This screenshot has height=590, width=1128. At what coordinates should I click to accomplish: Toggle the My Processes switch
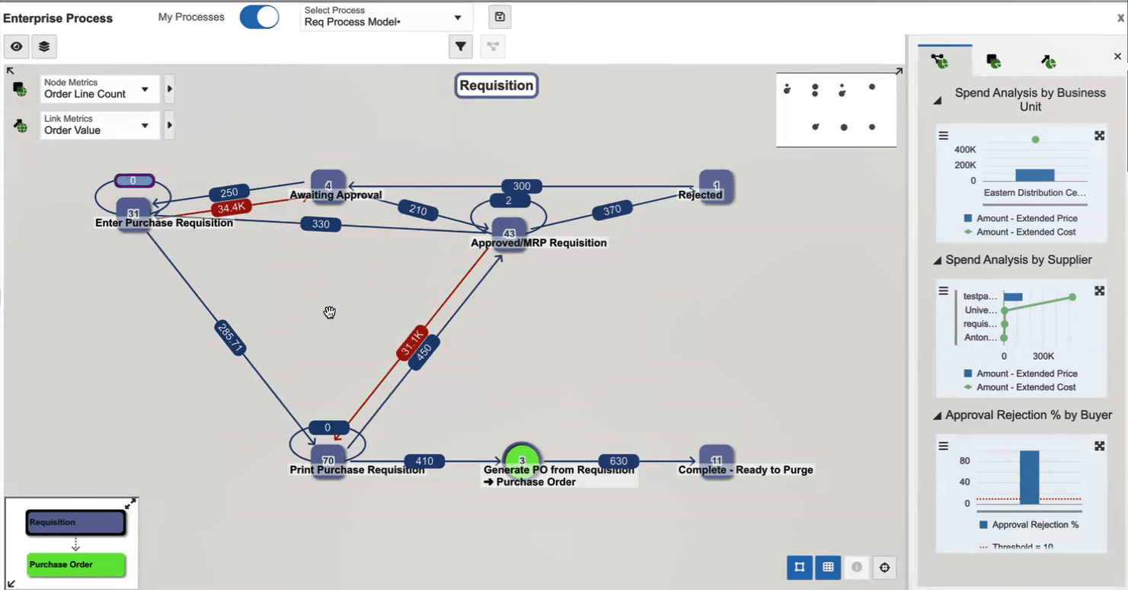259,17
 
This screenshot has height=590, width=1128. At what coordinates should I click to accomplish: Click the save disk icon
500,17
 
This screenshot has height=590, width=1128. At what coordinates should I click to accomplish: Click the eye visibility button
17,46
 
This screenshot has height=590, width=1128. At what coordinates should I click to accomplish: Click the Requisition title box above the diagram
497,85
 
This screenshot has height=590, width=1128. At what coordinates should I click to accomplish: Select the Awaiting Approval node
328,184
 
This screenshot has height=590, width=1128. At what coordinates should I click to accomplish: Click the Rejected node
716,185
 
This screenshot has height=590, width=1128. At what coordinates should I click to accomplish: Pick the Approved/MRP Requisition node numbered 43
509,232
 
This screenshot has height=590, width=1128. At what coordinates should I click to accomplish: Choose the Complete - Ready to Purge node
716,460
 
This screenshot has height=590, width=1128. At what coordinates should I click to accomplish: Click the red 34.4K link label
231,207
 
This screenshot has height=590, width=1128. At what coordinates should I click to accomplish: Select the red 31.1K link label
411,343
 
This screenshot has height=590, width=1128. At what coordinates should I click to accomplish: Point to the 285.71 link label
230,338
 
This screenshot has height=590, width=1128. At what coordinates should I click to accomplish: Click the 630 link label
618,461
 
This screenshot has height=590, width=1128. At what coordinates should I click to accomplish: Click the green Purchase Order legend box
76,565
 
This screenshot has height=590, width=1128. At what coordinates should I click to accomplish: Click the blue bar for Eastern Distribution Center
1035,175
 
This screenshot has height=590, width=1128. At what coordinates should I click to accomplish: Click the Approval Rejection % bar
1030,477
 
